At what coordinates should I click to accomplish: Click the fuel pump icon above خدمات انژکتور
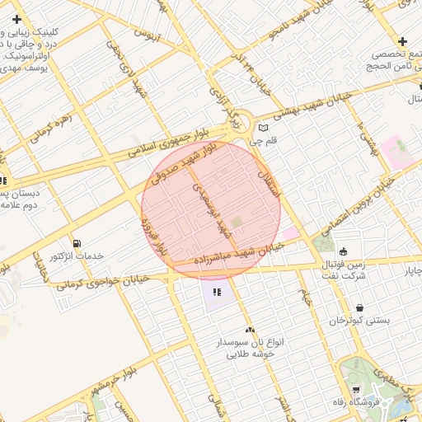coord(77,243)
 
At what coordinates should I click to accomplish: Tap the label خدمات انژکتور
coord(77,256)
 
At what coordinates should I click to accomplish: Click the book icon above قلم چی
coord(263,128)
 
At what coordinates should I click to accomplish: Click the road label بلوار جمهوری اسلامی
coord(165,144)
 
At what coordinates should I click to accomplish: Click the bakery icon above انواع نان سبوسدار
coord(249,329)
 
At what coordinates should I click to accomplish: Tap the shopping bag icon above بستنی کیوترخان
coord(359,308)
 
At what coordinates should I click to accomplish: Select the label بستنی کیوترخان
coord(359,321)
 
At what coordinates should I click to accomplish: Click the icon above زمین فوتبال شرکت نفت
coord(343,251)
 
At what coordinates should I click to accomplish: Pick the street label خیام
coord(304,293)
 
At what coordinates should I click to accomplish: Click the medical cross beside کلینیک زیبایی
coord(16,18)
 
